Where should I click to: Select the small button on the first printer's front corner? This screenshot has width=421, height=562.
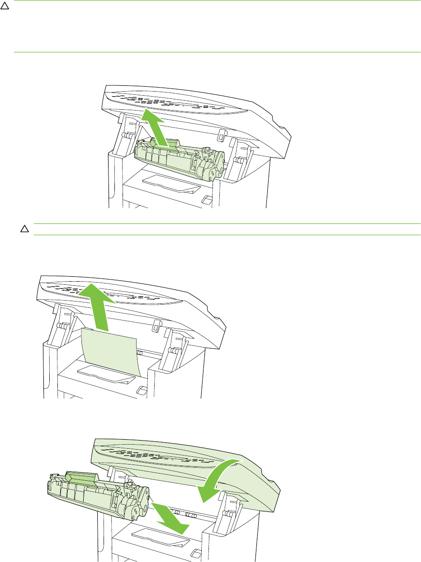[x=207, y=199]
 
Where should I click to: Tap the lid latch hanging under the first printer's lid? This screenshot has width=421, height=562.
[x=220, y=135]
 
